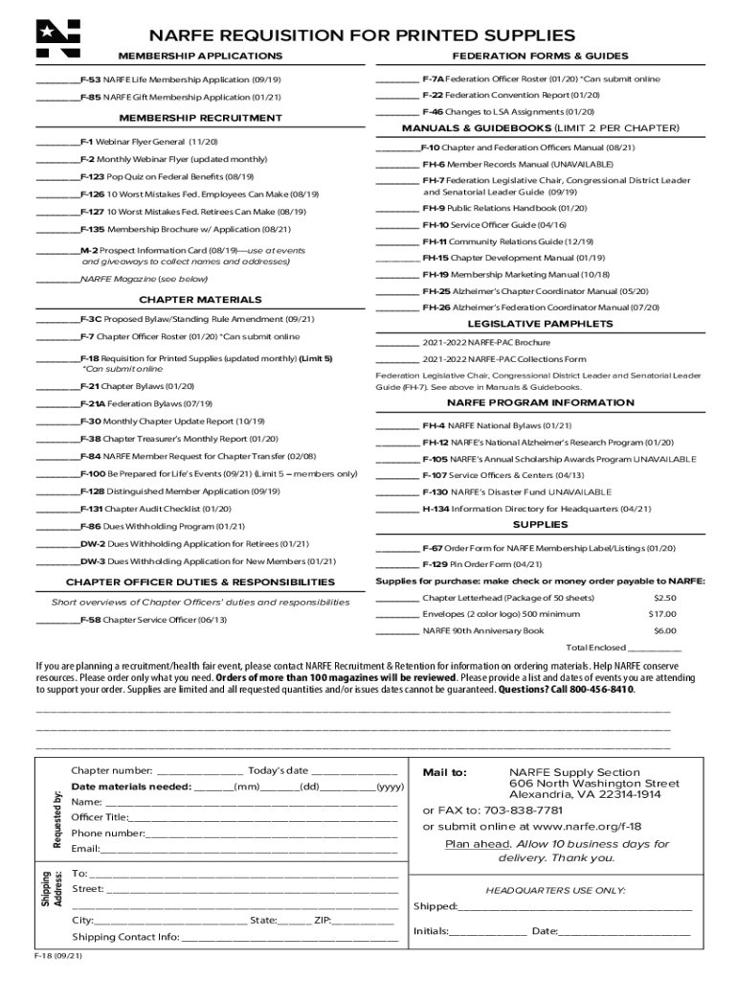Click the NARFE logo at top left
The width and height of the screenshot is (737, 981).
(57, 37)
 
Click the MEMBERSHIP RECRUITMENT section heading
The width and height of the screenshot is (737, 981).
(199, 118)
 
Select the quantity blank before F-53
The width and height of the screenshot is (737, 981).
(56, 80)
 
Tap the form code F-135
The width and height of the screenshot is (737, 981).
(93, 230)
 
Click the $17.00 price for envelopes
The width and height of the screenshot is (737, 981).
(662, 614)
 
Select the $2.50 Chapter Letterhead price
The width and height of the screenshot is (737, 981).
(664, 598)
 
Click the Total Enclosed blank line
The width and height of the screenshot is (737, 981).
(661, 648)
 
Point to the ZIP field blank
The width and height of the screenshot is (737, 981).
(363, 921)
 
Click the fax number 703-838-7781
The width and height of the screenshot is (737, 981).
(496, 810)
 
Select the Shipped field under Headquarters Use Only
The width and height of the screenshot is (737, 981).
(575, 907)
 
